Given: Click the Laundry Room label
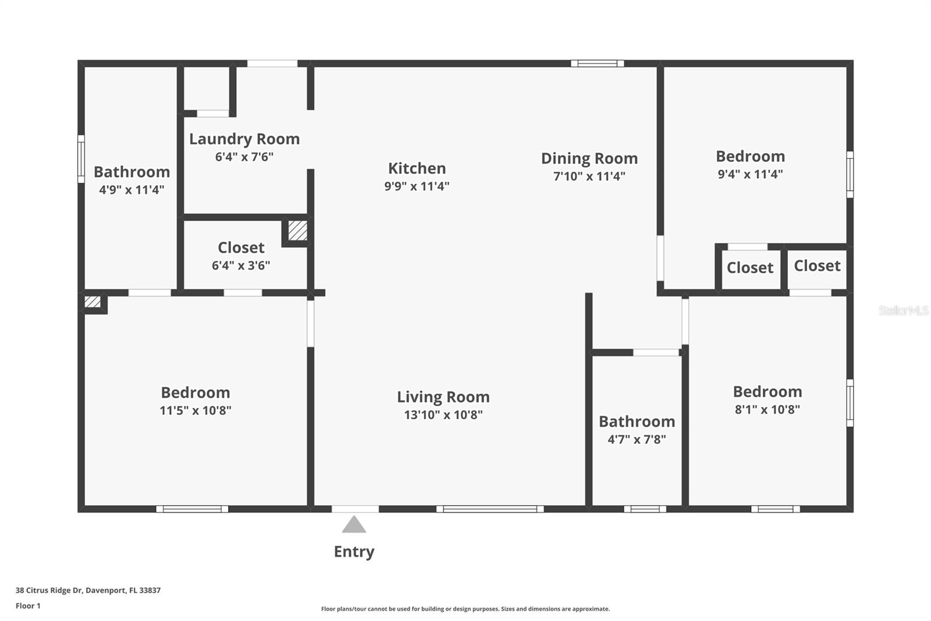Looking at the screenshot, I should click(244, 139).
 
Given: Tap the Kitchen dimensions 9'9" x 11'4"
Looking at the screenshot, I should click(417, 186).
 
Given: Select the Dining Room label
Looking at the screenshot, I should click(589, 158).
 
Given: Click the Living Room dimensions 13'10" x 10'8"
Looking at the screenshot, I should click(443, 415).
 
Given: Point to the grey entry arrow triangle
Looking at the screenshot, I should click(354, 525).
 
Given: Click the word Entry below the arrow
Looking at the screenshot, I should click(354, 552).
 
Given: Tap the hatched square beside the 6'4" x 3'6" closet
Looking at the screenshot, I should click(297, 231).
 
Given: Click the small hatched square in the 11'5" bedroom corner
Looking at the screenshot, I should click(93, 302).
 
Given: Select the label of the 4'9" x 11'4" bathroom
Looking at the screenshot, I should click(132, 172).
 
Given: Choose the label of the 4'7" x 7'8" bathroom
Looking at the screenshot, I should click(637, 421).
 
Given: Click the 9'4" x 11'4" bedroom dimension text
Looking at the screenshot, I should click(750, 174).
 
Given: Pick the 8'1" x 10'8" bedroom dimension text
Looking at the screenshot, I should click(767, 410).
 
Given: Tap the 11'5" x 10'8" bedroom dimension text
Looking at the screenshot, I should click(195, 411).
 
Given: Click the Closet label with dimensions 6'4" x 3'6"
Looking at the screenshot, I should click(241, 248).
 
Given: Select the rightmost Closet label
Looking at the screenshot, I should click(817, 266).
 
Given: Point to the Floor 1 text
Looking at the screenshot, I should click(28, 606).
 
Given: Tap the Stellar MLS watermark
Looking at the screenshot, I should click(903, 310).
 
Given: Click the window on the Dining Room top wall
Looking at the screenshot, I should click(597, 63).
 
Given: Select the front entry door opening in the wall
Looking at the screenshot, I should click(355, 509).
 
